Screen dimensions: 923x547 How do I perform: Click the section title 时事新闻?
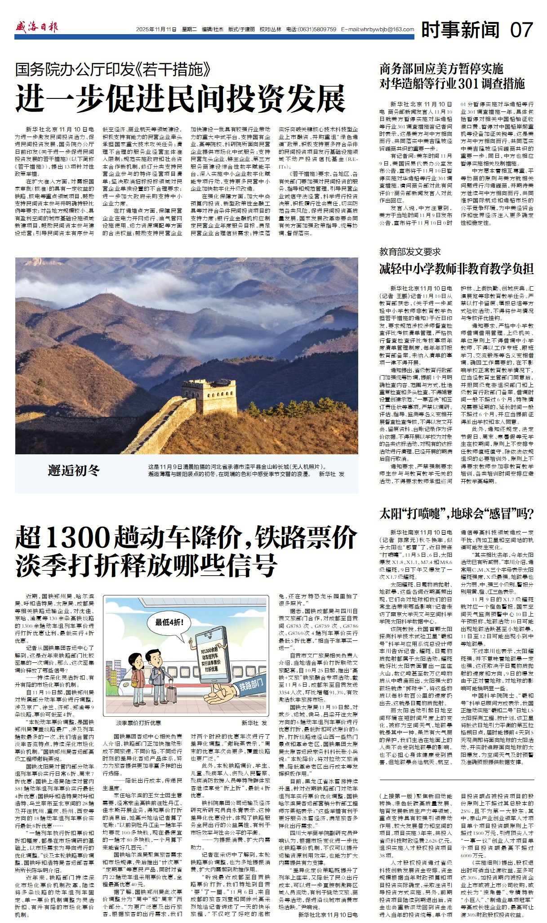(x=460, y=30)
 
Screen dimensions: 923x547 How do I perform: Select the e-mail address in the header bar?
(x=378, y=30)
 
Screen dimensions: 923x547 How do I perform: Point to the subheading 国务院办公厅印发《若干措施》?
(x=113, y=70)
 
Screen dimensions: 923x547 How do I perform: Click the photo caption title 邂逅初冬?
(x=74, y=470)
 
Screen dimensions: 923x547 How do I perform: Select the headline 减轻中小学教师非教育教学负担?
(x=456, y=269)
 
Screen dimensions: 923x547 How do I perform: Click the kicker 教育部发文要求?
(x=410, y=252)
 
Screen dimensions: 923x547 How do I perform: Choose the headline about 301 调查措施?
(x=452, y=76)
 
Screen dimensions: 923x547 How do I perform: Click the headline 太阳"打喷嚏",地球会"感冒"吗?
(x=456, y=513)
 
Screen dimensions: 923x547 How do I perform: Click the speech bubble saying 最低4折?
(x=169, y=622)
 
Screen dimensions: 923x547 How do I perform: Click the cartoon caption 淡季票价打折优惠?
(x=138, y=723)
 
